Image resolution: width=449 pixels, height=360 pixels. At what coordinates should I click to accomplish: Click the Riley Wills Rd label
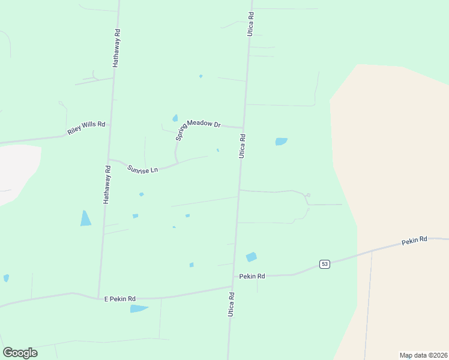[x=86, y=128]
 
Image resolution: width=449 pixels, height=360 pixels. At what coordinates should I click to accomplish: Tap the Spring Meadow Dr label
[x=199, y=129]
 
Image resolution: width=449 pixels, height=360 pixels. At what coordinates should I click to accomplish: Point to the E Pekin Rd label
[x=119, y=298]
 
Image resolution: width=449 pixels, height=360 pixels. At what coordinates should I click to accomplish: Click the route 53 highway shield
[x=324, y=264]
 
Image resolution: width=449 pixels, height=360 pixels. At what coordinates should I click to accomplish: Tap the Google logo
[x=20, y=353]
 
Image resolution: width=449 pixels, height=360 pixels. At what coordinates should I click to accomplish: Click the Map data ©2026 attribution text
[x=423, y=355]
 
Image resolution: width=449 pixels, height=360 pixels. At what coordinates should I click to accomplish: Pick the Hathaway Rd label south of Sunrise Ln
[x=106, y=185]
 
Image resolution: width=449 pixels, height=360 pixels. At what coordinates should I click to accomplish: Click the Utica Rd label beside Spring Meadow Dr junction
[x=243, y=146]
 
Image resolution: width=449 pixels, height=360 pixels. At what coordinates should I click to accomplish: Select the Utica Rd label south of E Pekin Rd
[x=231, y=305]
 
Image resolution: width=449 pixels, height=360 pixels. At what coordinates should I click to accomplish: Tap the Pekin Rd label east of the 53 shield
[x=414, y=239]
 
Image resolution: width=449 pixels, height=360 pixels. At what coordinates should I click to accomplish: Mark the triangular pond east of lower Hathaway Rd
[x=85, y=219]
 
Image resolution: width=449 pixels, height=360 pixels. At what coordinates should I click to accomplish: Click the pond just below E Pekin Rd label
[x=139, y=308]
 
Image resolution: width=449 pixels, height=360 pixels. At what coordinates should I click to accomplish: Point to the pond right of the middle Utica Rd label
[x=281, y=142]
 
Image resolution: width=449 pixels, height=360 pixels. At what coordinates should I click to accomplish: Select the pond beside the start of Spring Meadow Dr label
[x=175, y=118]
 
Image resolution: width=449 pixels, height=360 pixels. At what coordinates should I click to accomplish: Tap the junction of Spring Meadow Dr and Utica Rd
[x=243, y=128]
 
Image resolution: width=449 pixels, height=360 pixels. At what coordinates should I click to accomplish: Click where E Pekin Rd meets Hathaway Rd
[x=98, y=298]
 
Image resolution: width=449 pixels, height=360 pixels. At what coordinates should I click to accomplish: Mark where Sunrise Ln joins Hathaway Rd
[x=109, y=160]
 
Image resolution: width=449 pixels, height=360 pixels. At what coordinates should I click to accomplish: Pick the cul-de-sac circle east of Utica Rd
[x=308, y=196]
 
